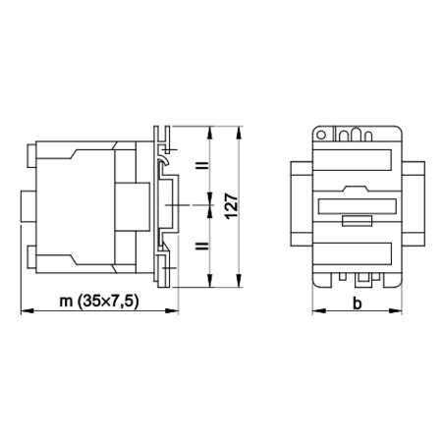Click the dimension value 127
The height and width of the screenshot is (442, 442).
(x=232, y=206)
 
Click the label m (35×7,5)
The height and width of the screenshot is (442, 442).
(x=99, y=301)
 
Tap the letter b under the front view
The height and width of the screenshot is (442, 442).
(x=358, y=304)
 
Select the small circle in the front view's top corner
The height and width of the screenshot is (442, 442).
(x=321, y=135)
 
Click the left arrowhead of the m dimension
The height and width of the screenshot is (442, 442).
(x=28, y=310)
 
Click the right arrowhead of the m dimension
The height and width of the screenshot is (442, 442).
(x=172, y=310)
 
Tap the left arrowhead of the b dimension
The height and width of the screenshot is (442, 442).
(x=319, y=310)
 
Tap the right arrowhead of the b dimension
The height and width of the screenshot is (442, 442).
(x=395, y=310)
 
